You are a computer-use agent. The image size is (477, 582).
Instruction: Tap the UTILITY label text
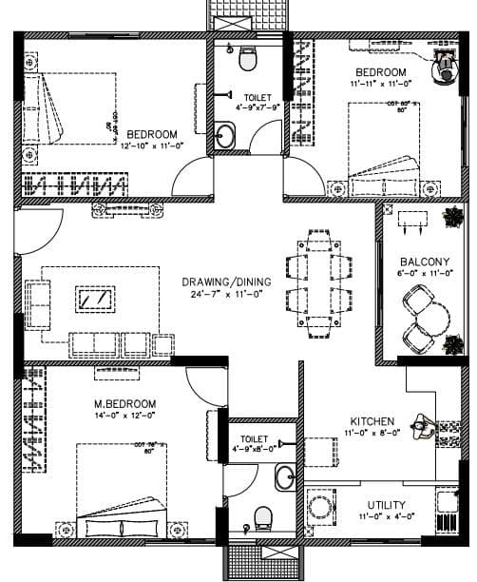point(387,505)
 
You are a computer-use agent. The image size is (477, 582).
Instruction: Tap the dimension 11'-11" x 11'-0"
point(381,85)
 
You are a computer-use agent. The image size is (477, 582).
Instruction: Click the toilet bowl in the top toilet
point(247,61)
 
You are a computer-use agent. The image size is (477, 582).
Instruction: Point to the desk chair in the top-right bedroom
point(445,66)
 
